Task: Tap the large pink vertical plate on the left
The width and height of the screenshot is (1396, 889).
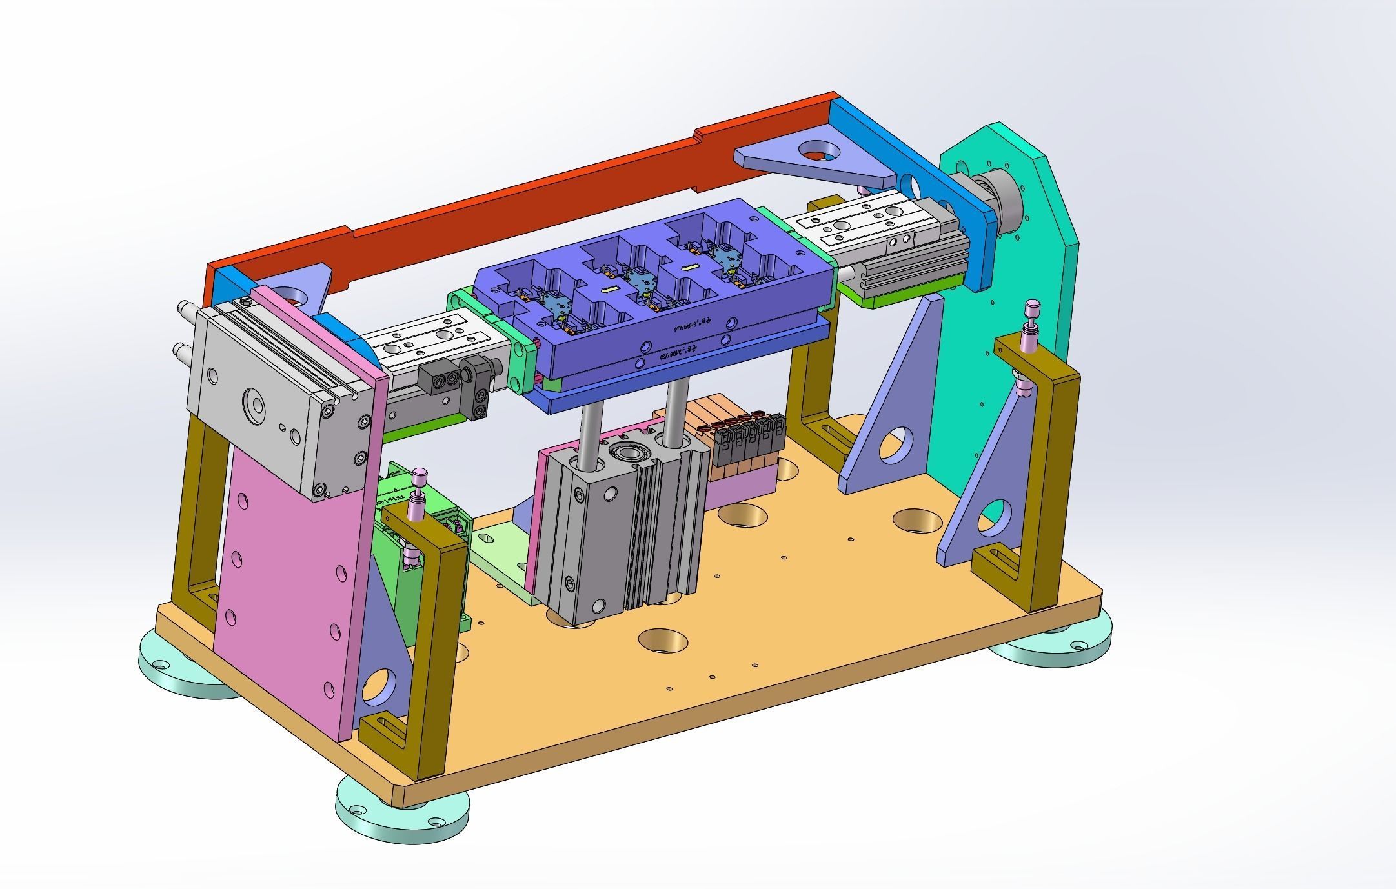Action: (284, 581)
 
